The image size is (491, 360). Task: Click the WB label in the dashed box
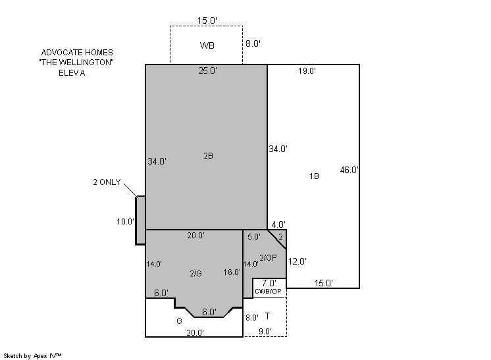(x=207, y=45)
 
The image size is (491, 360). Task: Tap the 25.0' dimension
(x=207, y=70)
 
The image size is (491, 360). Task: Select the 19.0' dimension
(x=307, y=70)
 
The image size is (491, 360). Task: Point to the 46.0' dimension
(x=349, y=170)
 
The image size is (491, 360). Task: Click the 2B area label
(x=208, y=155)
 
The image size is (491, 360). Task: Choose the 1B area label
(x=314, y=176)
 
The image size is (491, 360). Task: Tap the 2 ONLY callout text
(x=107, y=182)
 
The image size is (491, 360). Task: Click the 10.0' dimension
(x=125, y=222)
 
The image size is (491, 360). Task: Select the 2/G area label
(x=195, y=274)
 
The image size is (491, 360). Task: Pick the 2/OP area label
(x=269, y=257)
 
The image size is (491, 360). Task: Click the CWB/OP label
(x=268, y=292)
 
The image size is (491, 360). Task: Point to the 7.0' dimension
(x=269, y=283)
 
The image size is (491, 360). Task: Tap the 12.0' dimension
(x=297, y=261)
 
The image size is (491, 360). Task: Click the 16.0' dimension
(x=232, y=272)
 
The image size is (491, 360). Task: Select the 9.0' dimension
(x=265, y=331)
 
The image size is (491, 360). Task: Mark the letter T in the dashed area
(x=267, y=316)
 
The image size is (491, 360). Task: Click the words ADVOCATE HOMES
(x=77, y=52)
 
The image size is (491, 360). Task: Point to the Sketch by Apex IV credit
(x=32, y=356)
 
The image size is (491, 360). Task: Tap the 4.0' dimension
(x=278, y=224)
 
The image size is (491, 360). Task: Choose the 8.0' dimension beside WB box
(x=253, y=43)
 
